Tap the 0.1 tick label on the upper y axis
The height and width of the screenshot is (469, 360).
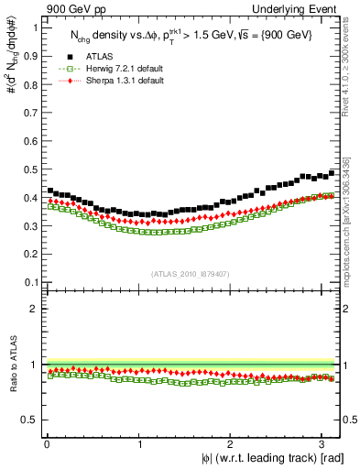tap(29, 281)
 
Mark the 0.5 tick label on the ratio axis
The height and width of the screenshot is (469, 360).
tap(29, 420)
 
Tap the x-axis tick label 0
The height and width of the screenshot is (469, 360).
tap(46, 443)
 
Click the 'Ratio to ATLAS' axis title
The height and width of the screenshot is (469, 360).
tap(12, 364)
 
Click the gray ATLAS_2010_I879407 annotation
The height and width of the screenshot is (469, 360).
tap(191, 273)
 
